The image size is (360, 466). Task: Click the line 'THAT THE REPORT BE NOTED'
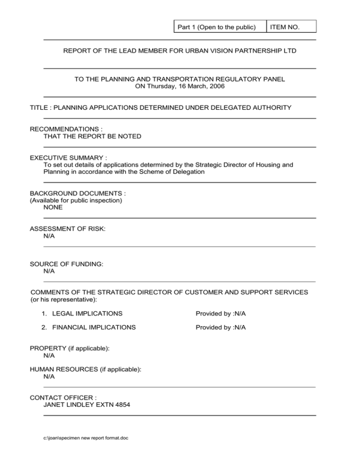pos(92,136)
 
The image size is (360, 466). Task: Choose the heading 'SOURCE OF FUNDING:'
pos(67,264)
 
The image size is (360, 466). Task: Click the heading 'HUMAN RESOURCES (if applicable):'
pos(85,369)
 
